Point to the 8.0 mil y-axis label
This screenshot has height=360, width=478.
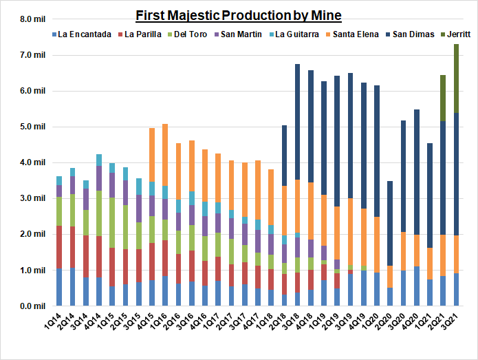coord(30,19)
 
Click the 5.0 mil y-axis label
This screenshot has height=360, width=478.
coord(30,127)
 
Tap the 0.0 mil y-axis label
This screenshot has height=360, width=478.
coord(30,306)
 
